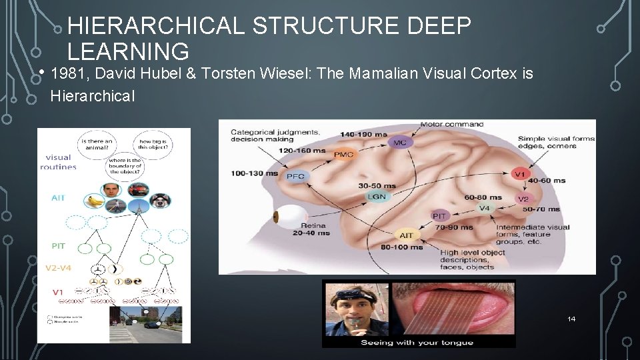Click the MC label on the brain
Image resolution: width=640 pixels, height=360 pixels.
(x=399, y=142)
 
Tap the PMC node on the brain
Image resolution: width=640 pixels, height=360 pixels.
(x=343, y=155)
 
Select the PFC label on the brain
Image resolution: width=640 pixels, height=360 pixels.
(x=295, y=176)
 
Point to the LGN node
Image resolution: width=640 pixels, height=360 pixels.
(x=377, y=196)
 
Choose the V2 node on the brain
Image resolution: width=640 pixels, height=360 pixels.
(x=523, y=199)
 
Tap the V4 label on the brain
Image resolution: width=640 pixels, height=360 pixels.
(x=485, y=208)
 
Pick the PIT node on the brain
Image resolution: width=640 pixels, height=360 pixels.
(x=439, y=216)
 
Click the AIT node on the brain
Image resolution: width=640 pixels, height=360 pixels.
(x=406, y=235)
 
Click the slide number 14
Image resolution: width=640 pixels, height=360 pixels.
(x=571, y=319)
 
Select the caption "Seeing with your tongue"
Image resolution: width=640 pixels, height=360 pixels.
(x=417, y=342)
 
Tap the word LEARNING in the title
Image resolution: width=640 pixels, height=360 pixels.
(x=128, y=51)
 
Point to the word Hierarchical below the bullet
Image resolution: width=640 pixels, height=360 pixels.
(x=92, y=96)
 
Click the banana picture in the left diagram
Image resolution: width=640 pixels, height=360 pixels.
(x=93, y=200)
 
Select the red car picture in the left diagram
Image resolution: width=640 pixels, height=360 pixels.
(x=138, y=189)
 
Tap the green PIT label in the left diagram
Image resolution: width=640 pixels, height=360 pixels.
(x=59, y=245)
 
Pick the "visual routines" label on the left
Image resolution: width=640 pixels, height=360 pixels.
(x=59, y=163)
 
